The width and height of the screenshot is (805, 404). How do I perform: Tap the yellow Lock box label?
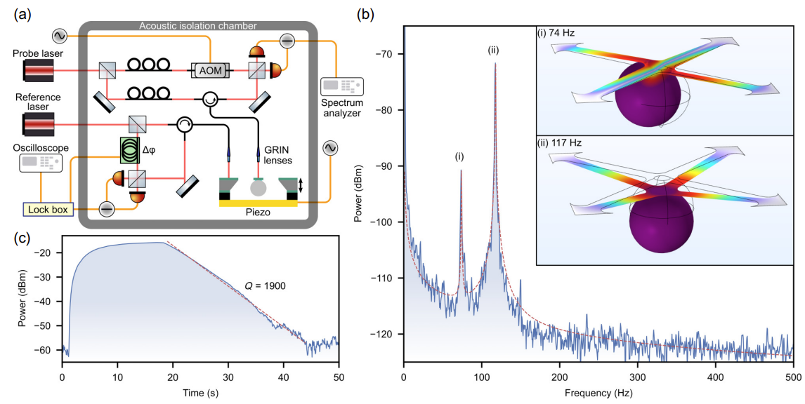pyautogui.click(x=44, y=208)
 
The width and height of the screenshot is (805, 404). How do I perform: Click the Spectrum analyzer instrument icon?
pyautogui.click(x=341, y=86)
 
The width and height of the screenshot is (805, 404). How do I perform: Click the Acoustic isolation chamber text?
pyautogui.click(x=198, y=26)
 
